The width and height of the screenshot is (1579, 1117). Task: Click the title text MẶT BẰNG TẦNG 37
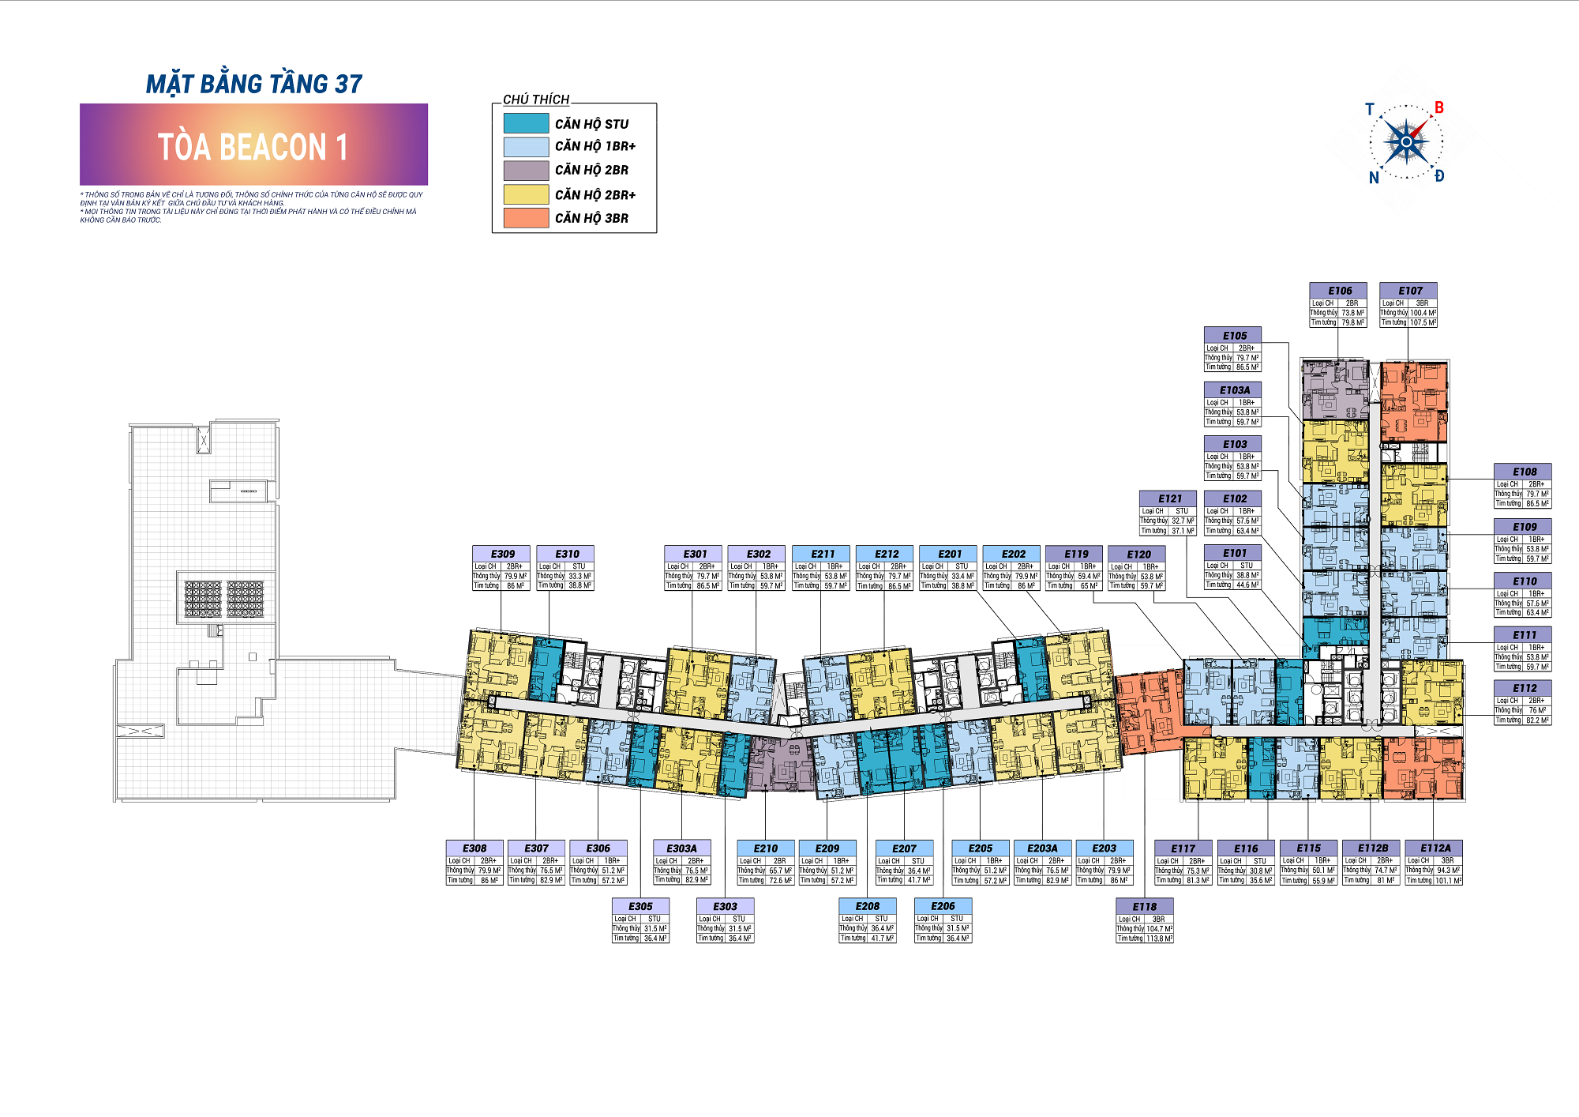[253, 84]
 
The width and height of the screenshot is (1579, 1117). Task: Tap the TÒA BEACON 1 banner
[253, 145]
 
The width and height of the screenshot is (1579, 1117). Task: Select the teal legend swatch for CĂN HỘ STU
[526, 123]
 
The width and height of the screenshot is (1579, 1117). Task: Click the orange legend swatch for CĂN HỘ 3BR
[526, 218]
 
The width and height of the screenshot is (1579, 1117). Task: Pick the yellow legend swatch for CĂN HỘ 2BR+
[526, 194]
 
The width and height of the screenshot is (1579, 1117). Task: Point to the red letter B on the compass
[1438, 107]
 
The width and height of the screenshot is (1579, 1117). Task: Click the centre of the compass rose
[1406, 142]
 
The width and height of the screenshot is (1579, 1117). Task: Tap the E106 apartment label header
[1339, 291]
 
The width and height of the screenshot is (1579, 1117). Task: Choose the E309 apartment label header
[502, 554]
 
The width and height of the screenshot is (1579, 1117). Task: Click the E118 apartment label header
[1144, 907]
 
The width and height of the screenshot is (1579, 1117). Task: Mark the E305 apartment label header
[640, 906]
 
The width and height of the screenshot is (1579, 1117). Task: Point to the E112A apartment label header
[1435, 848]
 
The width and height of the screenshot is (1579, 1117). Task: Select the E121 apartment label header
[1169, 498]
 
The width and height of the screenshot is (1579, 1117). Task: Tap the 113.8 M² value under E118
[1159, 938]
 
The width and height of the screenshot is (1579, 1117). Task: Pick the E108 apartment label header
[1524, 472]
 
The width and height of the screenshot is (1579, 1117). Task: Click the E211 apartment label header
[822, 554]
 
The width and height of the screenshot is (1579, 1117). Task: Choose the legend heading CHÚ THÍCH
[536, 100]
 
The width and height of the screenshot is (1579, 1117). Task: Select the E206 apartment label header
[942, 906]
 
